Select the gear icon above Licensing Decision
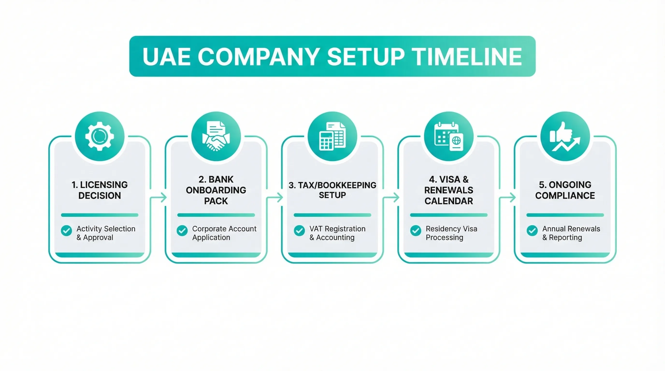pos(100,136)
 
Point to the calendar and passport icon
pos(449,137)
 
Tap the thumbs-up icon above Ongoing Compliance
pos(565,136)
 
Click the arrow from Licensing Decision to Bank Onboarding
pos(158,198)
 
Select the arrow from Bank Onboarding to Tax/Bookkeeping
pos(275,198)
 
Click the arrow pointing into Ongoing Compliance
pos(507,198)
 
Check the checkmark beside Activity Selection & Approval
pos(66,231)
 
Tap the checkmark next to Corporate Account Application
pos(182,231)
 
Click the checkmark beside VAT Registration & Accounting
pos(299,231)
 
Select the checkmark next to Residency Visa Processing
pos(416,231)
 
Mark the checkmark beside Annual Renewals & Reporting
pos(532,231)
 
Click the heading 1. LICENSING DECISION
pos(100,190)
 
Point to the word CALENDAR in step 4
pos(449,201)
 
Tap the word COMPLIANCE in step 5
pos(565,196)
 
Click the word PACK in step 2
pos(216,201)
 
